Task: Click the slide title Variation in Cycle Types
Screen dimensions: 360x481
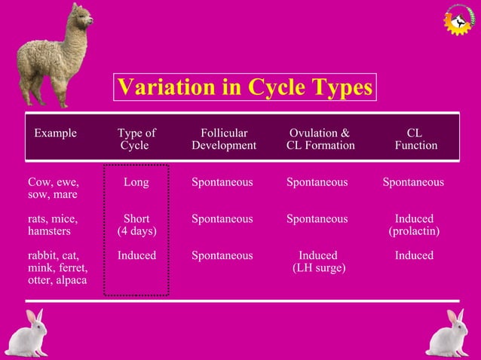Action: tap(244, 87)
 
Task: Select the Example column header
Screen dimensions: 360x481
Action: tap(55, 133)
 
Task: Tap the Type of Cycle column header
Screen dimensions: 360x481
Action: tap(136, 139)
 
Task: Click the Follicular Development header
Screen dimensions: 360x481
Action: tap(223, 139)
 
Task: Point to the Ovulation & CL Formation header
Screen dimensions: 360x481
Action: tap(320, 139)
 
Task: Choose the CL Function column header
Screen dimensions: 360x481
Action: tap(415, 139)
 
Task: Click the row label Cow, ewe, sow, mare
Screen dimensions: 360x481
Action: tap(54, 188)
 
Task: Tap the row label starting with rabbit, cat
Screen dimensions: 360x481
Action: tap(57, 267)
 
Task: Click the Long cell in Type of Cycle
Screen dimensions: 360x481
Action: tap(136, 182)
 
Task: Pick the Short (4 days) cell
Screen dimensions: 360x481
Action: tap(136, 225)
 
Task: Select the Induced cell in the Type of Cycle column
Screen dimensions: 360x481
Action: tap(136, 255)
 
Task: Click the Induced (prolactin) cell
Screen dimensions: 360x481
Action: tap(414, 225)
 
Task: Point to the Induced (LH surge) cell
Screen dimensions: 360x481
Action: tap(318, 261)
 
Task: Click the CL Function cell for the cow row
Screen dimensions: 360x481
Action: tap(413, 182)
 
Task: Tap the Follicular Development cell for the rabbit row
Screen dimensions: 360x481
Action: tap(222, 255)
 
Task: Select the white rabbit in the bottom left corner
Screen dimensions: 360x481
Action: tap(29, 333)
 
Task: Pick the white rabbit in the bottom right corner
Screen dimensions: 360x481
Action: tap(450, 333)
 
